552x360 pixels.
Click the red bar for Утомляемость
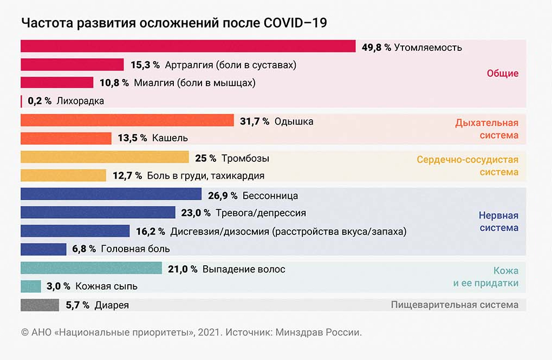click(187, 47)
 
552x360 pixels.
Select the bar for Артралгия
click(72, 65)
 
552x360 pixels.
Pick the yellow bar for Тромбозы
click(105, 158)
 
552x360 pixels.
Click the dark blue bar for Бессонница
click(111, 195)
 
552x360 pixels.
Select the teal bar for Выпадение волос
click(91, 269)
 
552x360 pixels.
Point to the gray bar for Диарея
click(40, 305)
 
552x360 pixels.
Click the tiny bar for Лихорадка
click(22, 101)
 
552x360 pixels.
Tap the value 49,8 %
click(376, 47)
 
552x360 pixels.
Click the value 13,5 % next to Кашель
click(132, 138)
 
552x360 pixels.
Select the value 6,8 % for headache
click(84, 249)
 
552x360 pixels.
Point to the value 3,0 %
click(59, 286)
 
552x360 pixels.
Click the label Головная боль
click(136, 249)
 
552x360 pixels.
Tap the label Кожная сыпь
click(106, 286)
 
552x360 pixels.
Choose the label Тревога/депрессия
click(261, 213)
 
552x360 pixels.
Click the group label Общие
click(502, 74)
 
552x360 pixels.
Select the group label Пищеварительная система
click(454, 305)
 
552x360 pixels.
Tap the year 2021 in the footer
click(209, 332)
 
